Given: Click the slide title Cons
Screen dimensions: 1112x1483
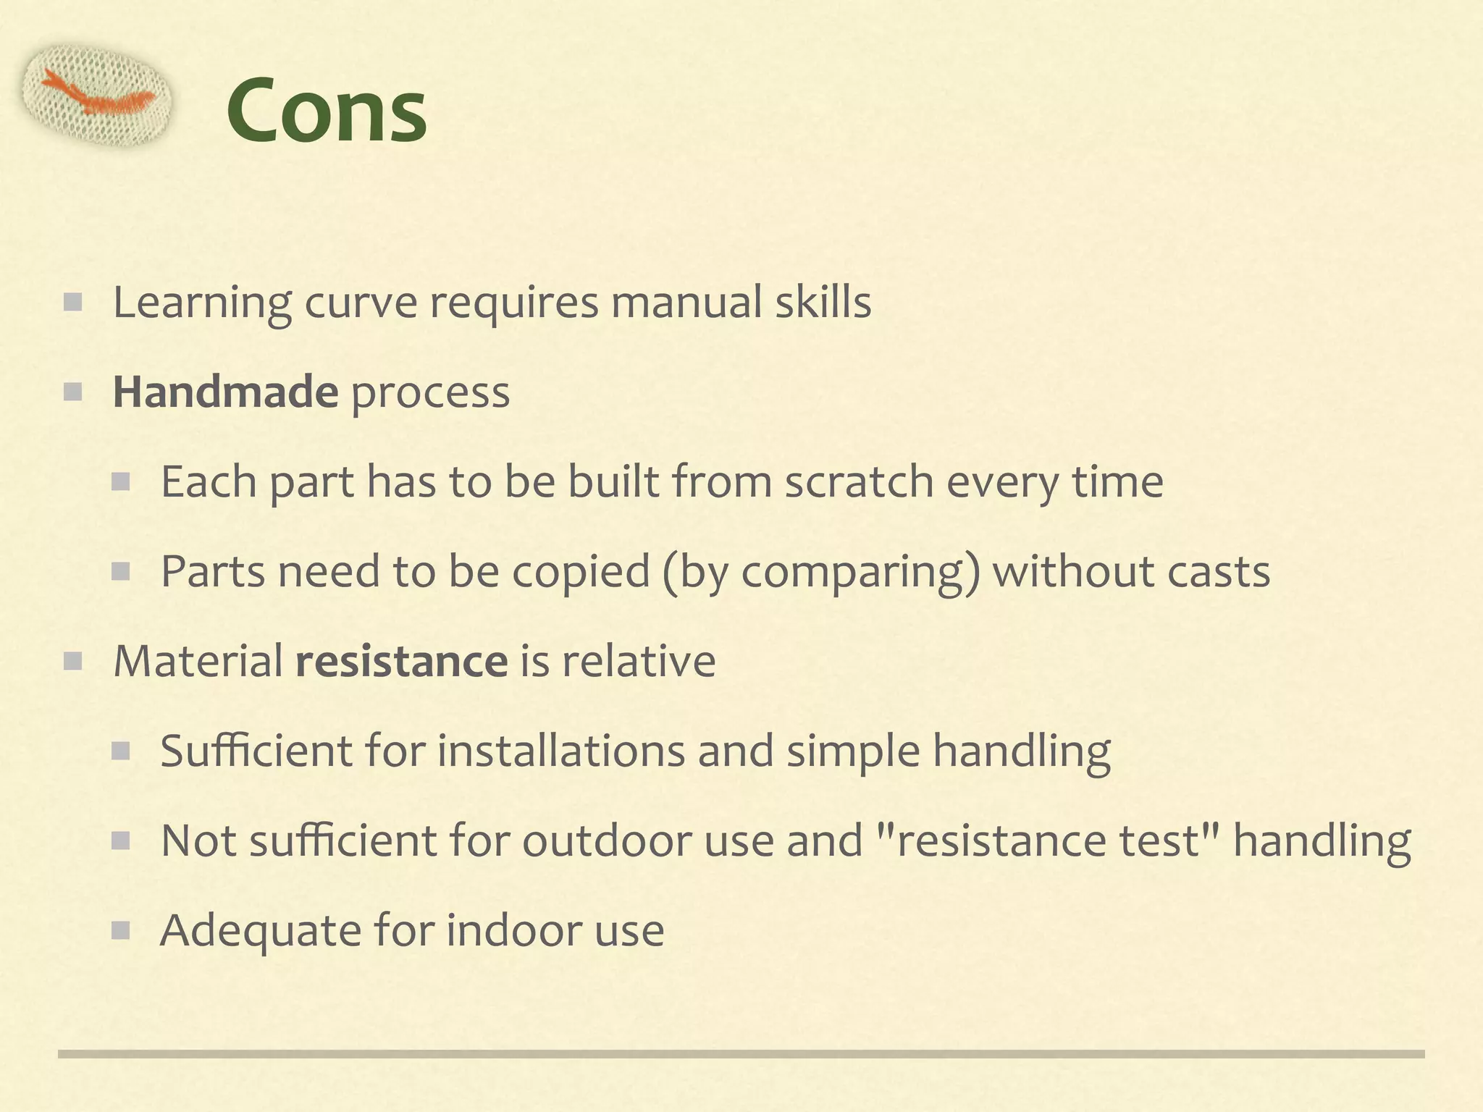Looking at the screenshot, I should pyautogui.click(x=327, y=111).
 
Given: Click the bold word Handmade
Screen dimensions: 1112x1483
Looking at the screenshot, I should pyautogui.click(x=225, y=392).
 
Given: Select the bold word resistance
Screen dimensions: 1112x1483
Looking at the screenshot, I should pyautogui.click(x=401, y=661).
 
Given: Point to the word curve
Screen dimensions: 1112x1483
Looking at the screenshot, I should pyautogui.click(x=360, y=302).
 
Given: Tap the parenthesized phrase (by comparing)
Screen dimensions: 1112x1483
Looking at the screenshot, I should pyautogui.click(x=820, y=572).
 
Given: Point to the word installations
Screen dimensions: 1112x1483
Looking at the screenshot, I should pyautogui.click(x=560, y=751).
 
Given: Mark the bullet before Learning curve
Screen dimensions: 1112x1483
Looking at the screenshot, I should pyautogui.click(x=72, y=302).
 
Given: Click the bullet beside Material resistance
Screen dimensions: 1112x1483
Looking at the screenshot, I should pyautogui.click(x=72, y=661).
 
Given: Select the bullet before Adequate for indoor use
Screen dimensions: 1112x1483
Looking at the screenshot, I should pyautogui.click(x=120, y=930).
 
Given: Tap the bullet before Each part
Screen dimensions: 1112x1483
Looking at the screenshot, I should pyautogui.click(x=120, y=481).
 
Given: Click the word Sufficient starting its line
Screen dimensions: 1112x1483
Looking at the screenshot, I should pyautogui.click(x=256, y=751).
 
